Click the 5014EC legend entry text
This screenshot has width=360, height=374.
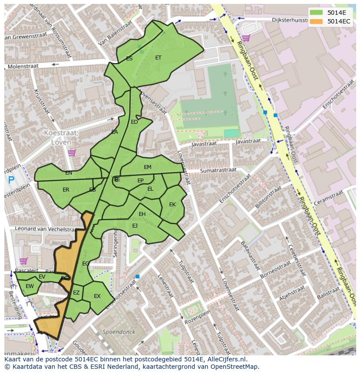[x=339, y=21]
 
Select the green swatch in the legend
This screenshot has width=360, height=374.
[x=316, y=12]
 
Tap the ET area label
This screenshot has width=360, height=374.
[x=158, y=57]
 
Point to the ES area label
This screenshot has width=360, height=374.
[x=129, y=58]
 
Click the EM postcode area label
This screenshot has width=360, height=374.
[x=147, y=167]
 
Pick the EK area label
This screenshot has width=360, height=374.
[x=172, y=205]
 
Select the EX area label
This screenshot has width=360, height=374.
[x=97, y=296]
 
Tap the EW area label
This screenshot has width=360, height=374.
[x=30, y=286]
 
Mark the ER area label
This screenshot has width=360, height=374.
[x=66, y=190]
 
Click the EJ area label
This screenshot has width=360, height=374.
[x=135, y=225]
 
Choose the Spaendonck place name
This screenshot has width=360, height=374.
[x=119, y=332]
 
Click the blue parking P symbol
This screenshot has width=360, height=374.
[x=11, y=180]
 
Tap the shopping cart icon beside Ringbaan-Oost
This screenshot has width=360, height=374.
[x=246, y=38]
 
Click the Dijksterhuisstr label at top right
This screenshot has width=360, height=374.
[x=295, y=20]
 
